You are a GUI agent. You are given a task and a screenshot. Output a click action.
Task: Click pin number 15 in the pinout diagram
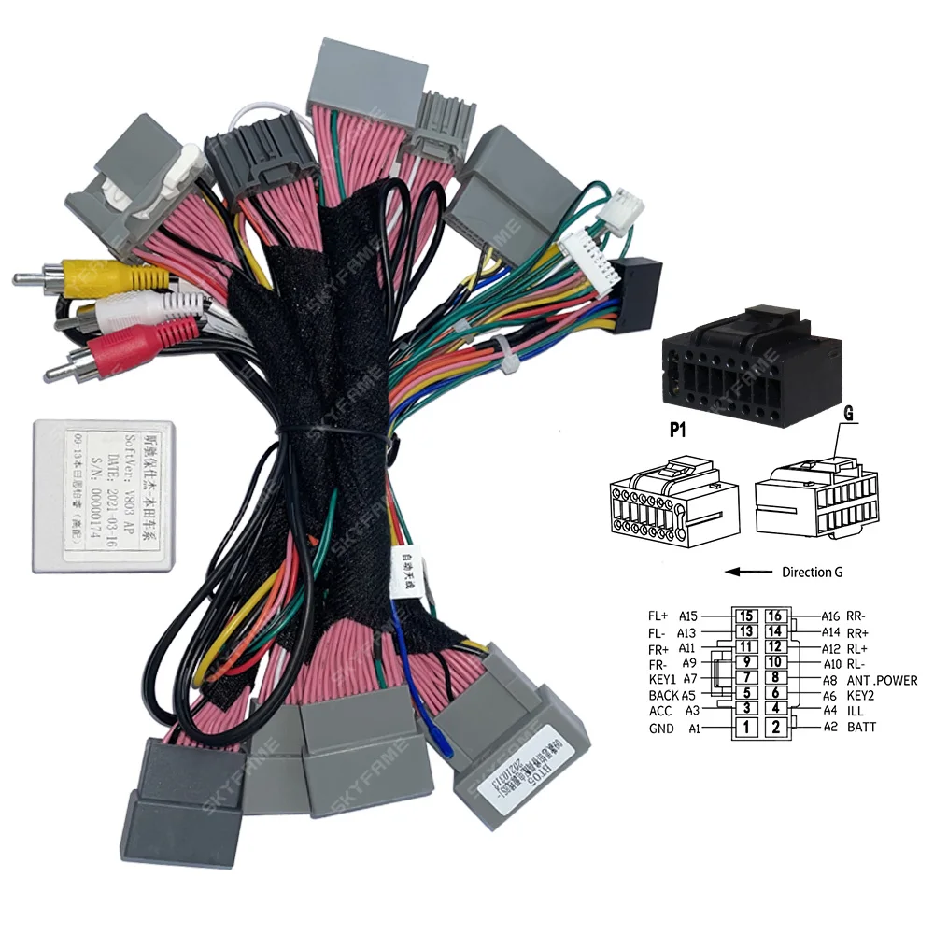coord(745,616)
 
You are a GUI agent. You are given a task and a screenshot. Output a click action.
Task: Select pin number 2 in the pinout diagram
coord(774,726)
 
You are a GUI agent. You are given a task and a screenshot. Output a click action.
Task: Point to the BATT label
coord(862,727)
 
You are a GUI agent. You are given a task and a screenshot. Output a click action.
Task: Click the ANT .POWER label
coord(882,680)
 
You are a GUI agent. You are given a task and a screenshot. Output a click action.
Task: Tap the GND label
coord(660,728)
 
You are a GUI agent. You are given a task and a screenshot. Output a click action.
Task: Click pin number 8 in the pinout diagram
coord(774,678)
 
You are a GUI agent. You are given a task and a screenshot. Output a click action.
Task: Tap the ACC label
coord(659,711)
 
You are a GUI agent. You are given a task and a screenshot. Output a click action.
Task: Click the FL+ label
coord(658,616)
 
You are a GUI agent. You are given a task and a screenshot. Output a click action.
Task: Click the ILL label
coord(856,711)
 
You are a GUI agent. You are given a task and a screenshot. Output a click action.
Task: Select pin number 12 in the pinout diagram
coord(774,646)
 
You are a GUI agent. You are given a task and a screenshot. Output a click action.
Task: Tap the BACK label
coord(663,695)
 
